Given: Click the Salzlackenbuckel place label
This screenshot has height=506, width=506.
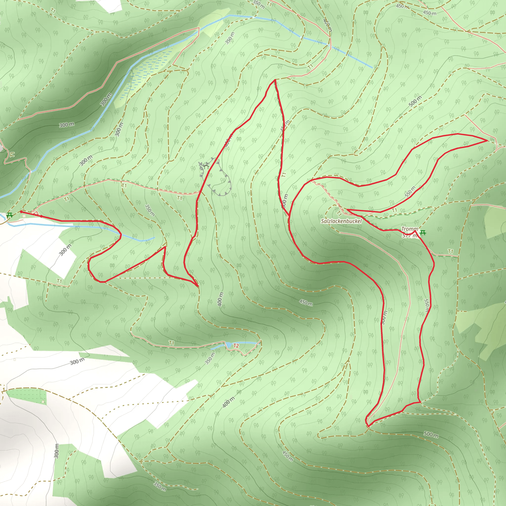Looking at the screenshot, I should [341, 221].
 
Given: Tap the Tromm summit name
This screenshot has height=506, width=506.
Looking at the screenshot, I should [410, 229].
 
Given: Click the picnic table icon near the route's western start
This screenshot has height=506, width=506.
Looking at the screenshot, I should [10, 215].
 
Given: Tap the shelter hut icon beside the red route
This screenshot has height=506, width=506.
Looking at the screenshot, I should [206, 166].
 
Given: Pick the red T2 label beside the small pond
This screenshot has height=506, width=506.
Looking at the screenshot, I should [236, 346].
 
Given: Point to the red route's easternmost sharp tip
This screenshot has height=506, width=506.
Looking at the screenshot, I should [487, 141].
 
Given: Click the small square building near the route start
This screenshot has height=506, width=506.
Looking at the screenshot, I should [24, 216].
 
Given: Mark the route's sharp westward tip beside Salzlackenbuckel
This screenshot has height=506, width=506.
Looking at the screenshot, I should [347, 210].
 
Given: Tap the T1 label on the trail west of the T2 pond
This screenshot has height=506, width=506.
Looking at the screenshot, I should [171, 343].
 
